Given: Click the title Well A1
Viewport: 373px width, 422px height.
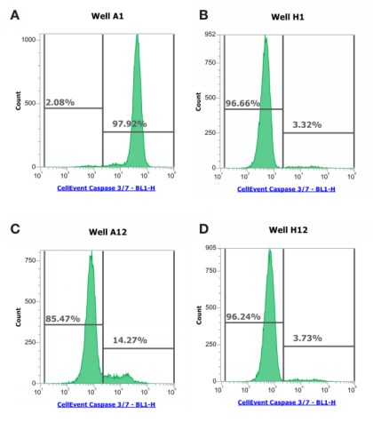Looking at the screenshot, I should [107, 16].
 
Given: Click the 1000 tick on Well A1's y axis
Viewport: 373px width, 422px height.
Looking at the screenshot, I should [29, 40].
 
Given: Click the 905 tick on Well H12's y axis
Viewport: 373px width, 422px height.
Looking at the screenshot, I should [210, 248].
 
